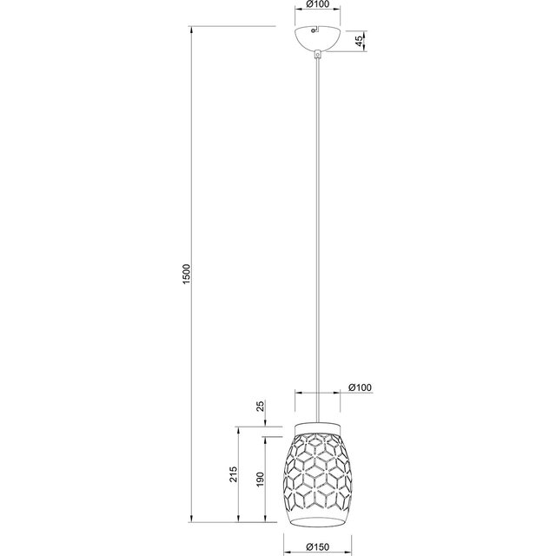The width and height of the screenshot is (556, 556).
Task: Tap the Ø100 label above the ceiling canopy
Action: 316,6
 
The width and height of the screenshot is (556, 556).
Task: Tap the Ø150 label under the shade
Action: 317,548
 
